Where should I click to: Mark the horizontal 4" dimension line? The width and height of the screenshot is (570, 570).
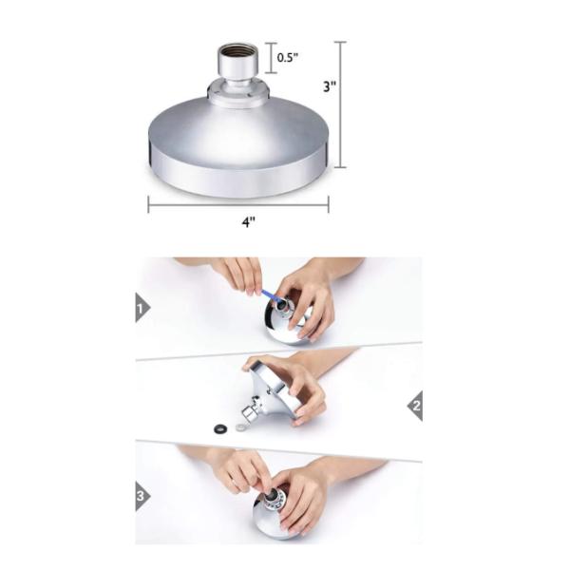click(x=237, y=203)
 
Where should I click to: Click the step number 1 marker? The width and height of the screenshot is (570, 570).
click(x=142, y=308)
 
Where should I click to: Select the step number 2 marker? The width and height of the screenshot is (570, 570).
click(x=415, y=407)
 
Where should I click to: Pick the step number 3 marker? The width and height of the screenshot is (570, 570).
click(x=142, y=494)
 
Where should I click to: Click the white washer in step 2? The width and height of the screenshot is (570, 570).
click(x=238, y=427)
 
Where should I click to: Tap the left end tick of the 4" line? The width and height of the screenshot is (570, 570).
click(x=148, y=203)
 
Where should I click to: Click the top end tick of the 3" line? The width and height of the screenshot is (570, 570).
click(x=341, y=42)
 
